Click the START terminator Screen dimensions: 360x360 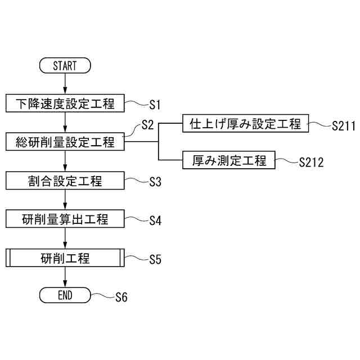(x=65, y=65)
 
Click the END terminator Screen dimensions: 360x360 (x=65, y=295)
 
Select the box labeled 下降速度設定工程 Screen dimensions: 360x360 (x=65, y=103)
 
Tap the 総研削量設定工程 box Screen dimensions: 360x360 (x=65, y=142)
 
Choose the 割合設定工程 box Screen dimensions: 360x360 (x=65, y=181)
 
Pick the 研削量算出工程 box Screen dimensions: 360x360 (x=65, y=220)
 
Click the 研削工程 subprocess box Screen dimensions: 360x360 (x=65, y=259)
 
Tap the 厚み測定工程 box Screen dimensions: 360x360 (x=229, y=161)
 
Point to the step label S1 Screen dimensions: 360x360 (x=155, y=105)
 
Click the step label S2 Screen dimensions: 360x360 (x=147, y=125)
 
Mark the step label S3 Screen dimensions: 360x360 (x=155, y=182)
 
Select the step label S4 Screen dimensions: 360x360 (x=155, y=221)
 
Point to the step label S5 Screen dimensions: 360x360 (x=155, y=260)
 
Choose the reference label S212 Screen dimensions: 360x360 (x=311, y=163)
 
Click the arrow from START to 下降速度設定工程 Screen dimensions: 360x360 (x=65, y=84)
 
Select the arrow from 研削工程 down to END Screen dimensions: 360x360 (x=65, y=277)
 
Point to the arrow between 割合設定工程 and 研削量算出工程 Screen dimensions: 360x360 (x=65, y=200)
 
